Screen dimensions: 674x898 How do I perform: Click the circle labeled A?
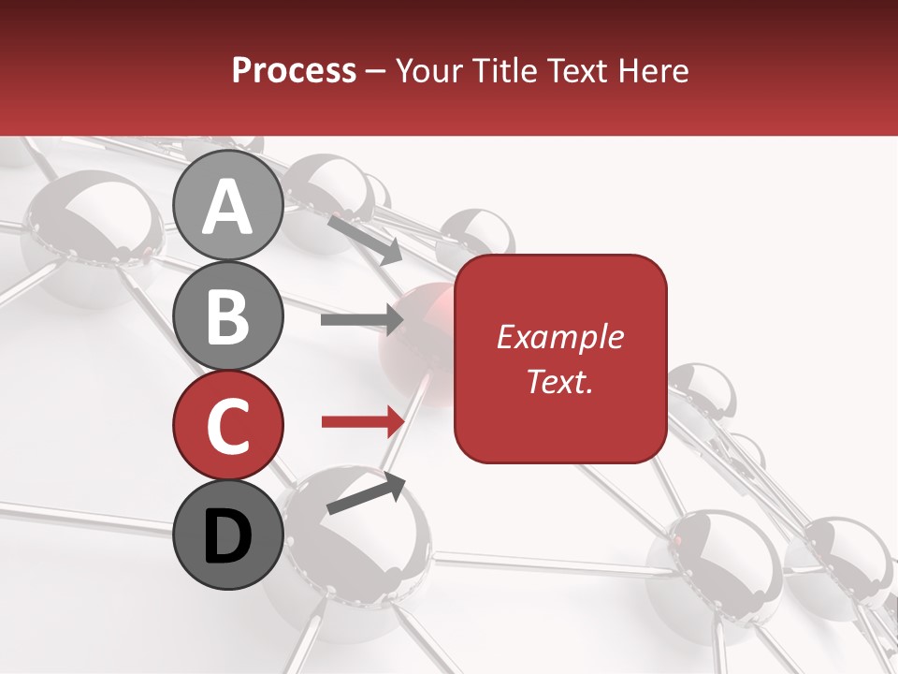(228, 205)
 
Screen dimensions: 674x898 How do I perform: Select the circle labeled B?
(228, 315)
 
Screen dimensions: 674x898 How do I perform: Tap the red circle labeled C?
(228, 425)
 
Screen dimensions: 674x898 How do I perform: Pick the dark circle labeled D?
(228, 535)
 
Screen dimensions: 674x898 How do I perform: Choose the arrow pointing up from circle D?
(366, 494)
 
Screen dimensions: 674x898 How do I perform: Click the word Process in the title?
(294, 70)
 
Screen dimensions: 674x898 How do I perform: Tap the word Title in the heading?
(499, 70)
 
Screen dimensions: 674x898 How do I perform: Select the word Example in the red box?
(559, 337)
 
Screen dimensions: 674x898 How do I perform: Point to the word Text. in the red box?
(559, 381)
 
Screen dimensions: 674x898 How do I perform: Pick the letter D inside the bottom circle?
(228, 536)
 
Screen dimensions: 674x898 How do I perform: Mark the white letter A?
(228, 207)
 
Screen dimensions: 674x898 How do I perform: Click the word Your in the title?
(429, 70)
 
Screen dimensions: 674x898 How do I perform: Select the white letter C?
(228, 426)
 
